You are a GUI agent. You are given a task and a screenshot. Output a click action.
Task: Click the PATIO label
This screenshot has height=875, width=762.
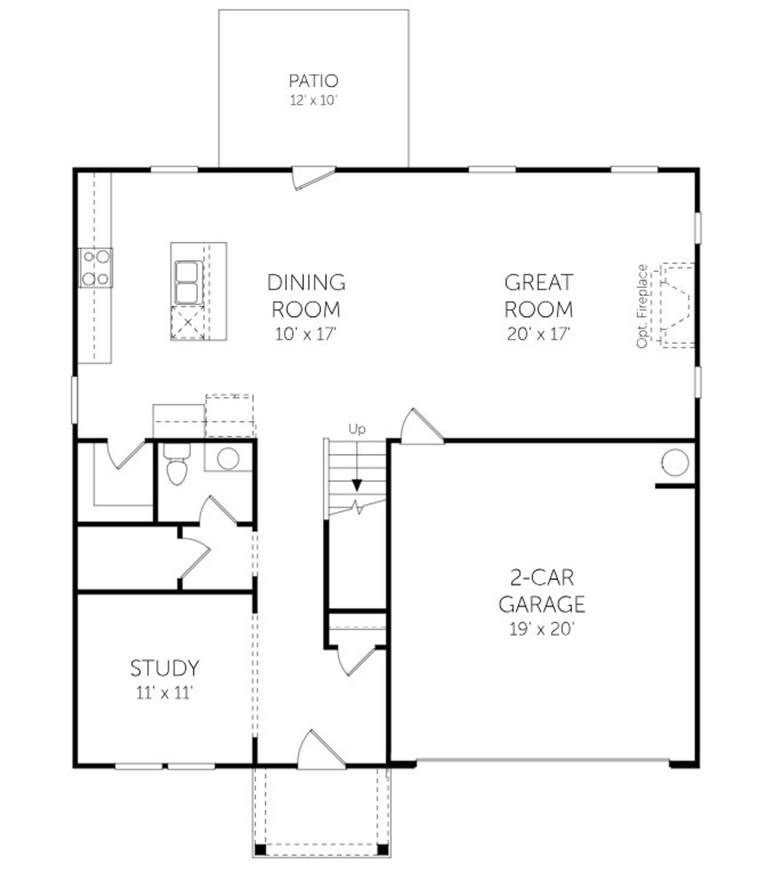click(313, 80)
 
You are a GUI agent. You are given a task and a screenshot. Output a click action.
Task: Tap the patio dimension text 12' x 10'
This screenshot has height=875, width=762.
click(313, 100)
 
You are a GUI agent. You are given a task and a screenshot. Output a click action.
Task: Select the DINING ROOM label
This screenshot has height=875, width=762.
click(306, 295)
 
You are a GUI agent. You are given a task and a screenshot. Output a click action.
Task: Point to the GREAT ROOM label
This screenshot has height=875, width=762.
click(539, 295)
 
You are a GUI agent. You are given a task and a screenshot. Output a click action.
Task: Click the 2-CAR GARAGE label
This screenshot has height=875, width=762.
click(541, 590)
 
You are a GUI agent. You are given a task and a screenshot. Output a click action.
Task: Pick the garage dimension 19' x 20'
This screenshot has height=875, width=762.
click(541, 629)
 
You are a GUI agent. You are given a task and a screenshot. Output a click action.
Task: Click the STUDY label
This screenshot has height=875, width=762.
click(164, 668)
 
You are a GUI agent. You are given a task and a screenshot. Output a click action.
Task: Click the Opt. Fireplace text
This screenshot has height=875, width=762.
click(642, 306)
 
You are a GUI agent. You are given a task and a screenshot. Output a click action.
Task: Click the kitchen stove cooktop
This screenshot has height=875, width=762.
click(96, 267)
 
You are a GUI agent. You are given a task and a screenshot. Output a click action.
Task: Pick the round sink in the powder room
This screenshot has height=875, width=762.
click(227, 458)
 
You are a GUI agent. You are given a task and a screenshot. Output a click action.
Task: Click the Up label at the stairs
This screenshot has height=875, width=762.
click(357, 429)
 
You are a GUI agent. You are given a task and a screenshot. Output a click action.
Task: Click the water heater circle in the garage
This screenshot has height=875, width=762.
click(675, 463)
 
